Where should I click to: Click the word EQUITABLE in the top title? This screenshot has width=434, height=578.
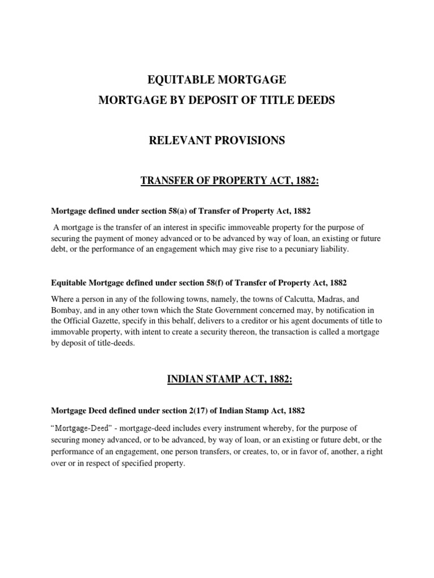(173, 80)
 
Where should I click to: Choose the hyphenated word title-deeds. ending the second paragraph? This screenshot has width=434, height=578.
(113, 343)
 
